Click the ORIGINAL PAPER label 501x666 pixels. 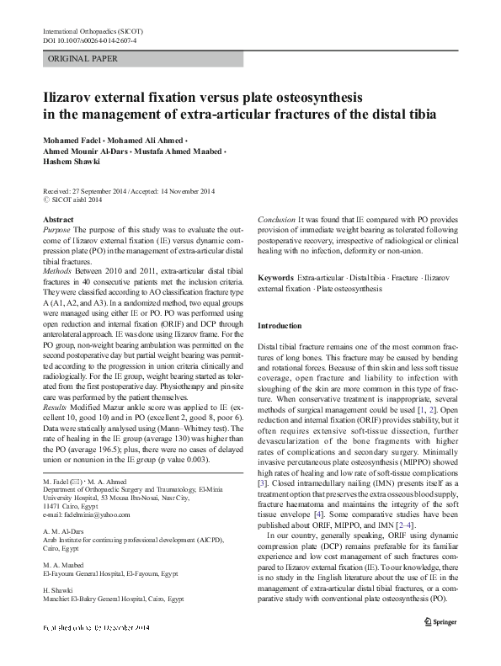coord(83,59)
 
